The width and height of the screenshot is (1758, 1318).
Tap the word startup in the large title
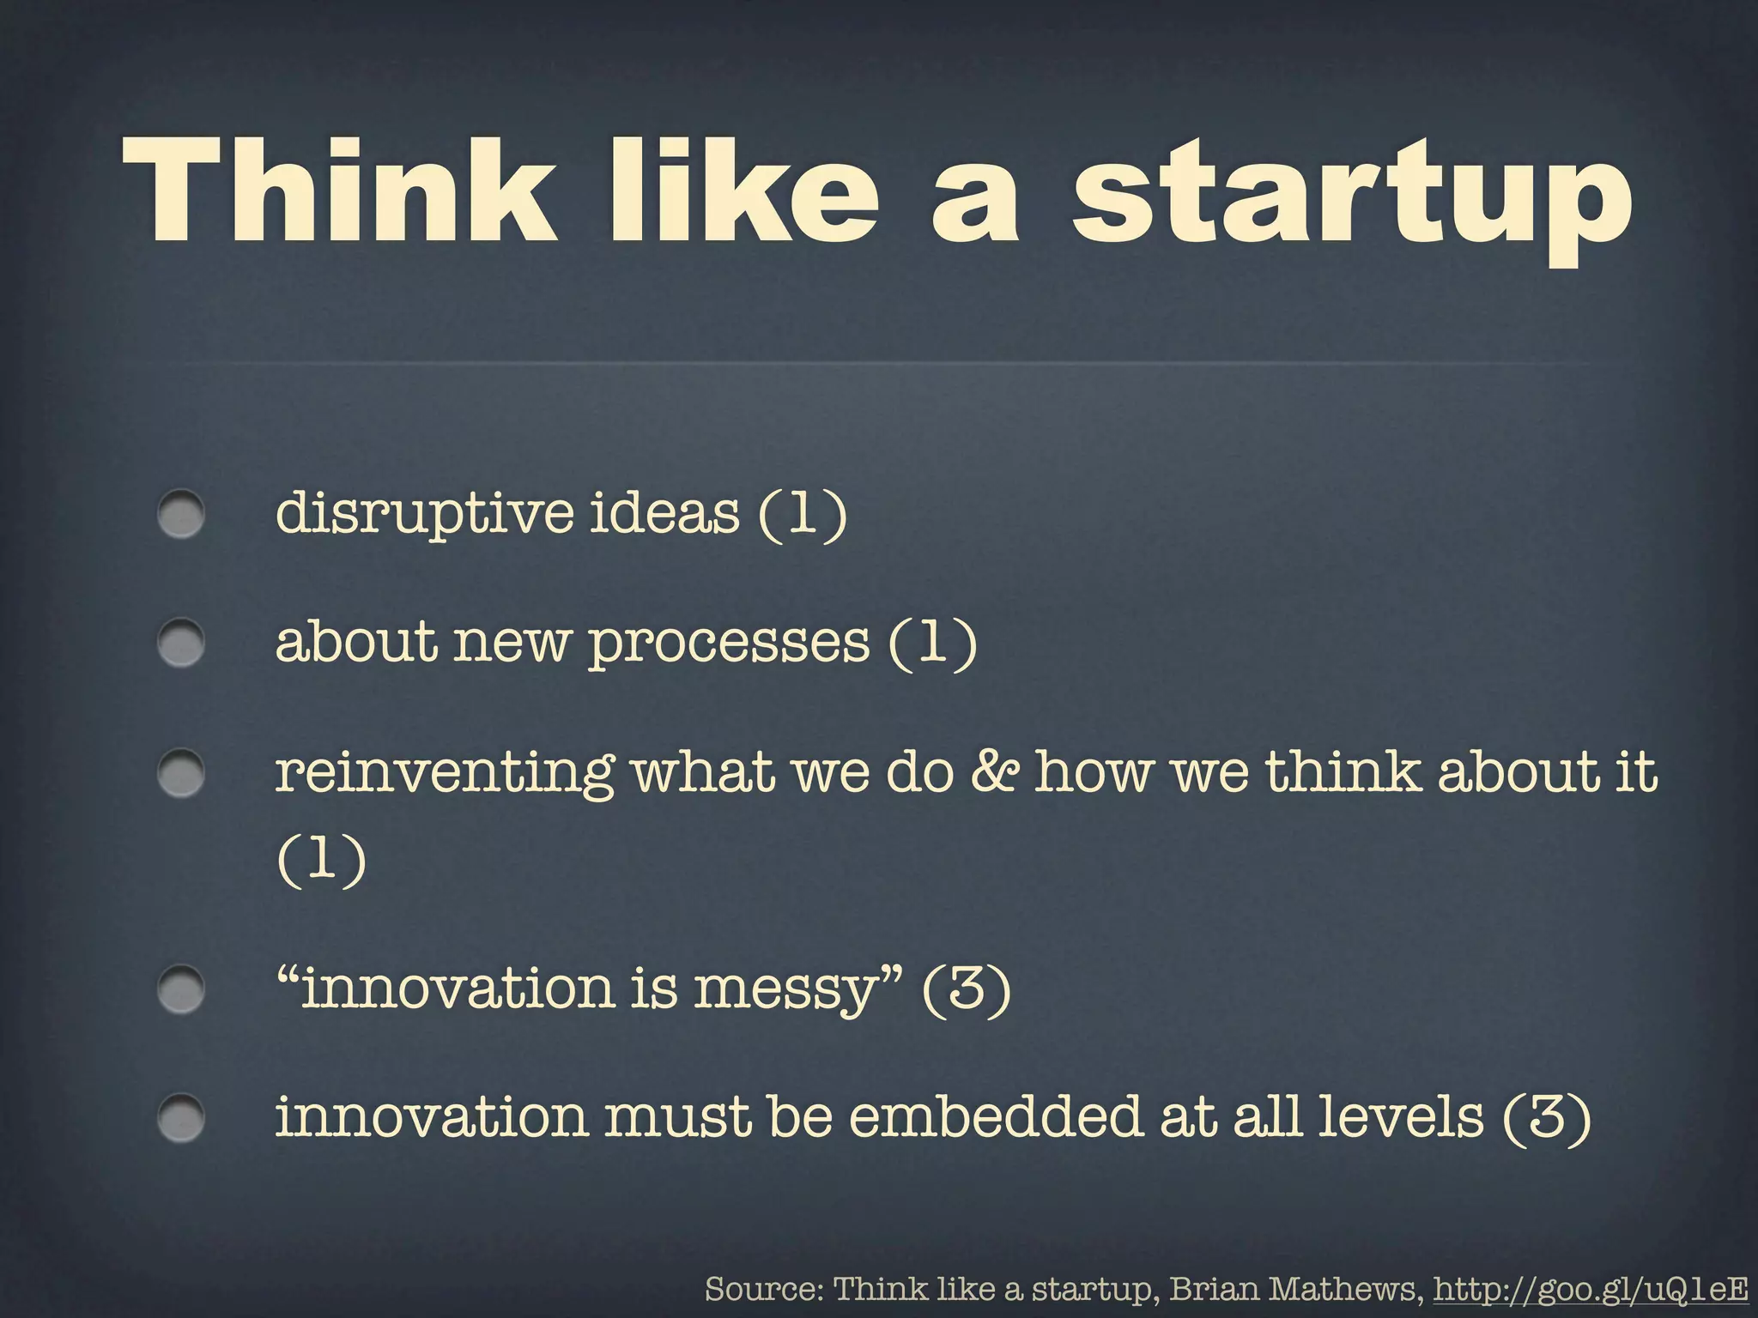pyautogui.click(x=1351, y=199)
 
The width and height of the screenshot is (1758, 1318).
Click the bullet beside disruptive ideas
pyautogui.click(x=181, y=514)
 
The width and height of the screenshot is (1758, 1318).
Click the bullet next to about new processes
pyautogui.click(x=181, y=643)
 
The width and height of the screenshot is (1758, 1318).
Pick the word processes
pyautogui.click(x=728, y=643)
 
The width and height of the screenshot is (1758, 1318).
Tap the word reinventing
pyautogui.click(x=444, y=771)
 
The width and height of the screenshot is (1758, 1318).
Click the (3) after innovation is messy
pyautogui.click(x=966, y=989)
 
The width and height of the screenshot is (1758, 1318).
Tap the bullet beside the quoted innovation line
pyautogui.click(x=181, y=989)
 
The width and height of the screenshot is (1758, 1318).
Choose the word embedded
pyautogui.click(x=996, y=1116)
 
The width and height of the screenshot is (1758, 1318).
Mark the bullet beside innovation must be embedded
pyautogui.click(x=181, y=1118)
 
